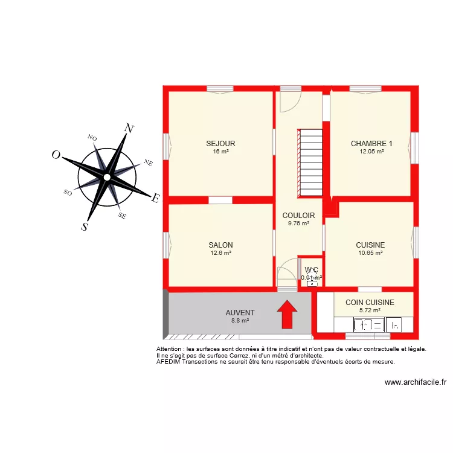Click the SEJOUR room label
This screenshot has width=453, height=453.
coord(220,144)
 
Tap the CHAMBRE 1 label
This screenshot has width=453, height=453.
coord(371,144)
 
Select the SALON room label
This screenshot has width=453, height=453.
coord(220,245)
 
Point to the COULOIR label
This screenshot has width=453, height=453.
coord(298,216)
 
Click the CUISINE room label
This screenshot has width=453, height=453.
coord(370,245)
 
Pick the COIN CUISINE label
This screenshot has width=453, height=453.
coord(370,303)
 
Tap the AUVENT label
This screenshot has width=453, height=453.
coord(240,313)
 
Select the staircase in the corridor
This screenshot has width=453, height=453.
coord(312,162)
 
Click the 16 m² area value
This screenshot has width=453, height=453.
coord(220,152)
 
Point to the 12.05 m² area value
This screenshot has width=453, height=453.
coord(371,152)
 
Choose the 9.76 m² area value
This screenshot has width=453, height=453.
coord(298,223)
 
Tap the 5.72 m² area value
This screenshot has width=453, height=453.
coord(370,310)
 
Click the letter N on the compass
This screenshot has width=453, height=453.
coord(129,128)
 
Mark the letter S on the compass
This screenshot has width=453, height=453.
coord(85,227)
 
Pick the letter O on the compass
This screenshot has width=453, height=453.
coord(56,155)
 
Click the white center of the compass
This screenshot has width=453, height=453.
coord(106,177)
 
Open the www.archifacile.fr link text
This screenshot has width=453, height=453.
coord(415,382)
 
